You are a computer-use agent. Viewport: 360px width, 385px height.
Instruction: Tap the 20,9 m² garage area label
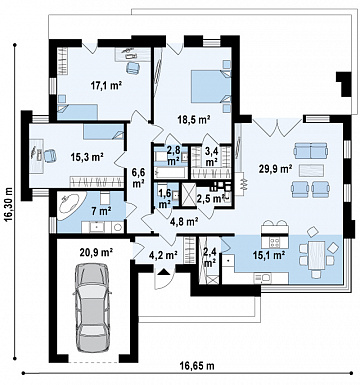point(96,252)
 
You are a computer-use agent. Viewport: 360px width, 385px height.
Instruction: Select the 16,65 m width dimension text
point(197,366)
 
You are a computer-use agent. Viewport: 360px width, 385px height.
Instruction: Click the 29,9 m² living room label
point(276,169)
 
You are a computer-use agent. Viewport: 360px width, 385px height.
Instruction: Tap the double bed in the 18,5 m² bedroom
point(211,87)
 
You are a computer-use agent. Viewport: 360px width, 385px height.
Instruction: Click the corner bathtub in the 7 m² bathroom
point(70,206)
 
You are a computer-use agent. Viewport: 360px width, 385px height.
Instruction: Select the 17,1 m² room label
point(106,86)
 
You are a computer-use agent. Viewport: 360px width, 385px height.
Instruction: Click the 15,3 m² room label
point(87,156)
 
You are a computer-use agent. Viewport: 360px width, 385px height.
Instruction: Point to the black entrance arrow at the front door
point(163,272)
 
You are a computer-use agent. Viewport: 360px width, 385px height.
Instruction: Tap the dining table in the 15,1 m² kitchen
point(316,254)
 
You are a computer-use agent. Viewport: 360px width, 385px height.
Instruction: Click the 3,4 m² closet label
point(211,157)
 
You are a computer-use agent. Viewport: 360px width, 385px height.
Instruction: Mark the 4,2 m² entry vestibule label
point(162,256)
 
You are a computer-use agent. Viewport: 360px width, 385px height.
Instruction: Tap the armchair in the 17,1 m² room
point(132,67)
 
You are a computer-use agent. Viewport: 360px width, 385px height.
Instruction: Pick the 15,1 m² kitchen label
point(267,255)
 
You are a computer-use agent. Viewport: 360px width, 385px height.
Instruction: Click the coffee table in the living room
point(311,170)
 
